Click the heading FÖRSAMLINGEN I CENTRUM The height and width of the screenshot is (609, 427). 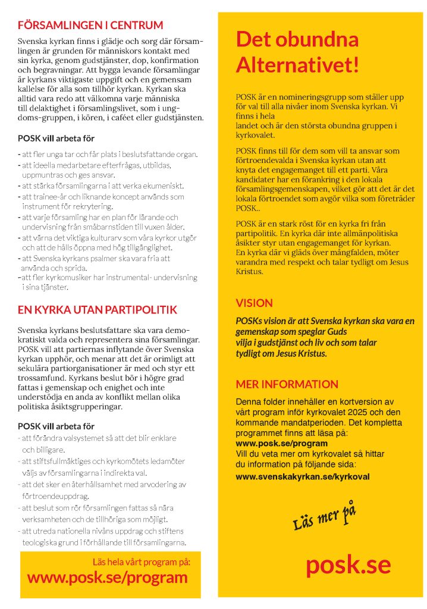(x=90, y=26)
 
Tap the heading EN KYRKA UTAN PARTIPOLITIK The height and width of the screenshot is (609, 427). (x=98, y=310)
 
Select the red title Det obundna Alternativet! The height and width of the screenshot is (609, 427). (x=297, y=52)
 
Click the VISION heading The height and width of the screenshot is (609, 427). (x=254, y=303)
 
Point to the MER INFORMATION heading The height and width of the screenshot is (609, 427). (x=287, y=384)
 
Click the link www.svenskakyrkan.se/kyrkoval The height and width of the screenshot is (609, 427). (x=303, y=477)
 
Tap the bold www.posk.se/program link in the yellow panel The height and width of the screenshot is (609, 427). (x=281, y=444)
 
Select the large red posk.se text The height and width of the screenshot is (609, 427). (x=348, y=564)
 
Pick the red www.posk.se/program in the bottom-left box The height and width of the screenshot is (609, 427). (x=108, y=577)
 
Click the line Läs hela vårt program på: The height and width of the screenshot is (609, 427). (x=142, y=562)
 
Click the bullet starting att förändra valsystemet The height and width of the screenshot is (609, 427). (x=99, y=443)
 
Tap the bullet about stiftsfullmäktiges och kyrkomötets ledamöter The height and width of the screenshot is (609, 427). (x=102, y=466)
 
